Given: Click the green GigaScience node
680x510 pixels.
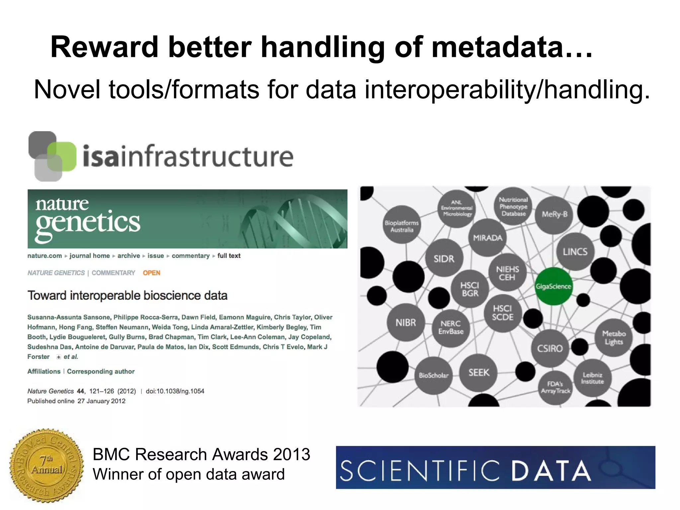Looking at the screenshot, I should click(x=553, y=286).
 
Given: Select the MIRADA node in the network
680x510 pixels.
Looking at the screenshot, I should click(x=487, y=238).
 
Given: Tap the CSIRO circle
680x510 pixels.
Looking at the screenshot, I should click(x=550, y=348).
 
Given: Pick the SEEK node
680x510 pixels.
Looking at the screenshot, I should click(x=479, y=373).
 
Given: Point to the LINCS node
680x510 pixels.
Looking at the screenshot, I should click(x=575, y=252).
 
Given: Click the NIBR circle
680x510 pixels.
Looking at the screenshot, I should click(x=406, y=322).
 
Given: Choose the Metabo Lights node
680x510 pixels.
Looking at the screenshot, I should click(x=614, y=338).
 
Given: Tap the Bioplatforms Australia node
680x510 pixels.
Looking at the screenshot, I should click(x=402, y=226).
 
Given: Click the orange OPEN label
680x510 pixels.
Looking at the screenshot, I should click(x=151, y=273).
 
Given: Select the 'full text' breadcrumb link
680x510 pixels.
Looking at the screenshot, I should click(x=229, y=256).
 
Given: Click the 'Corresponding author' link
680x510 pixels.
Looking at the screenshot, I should click(x=101, y=371).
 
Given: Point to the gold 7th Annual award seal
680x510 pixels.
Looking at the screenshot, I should click(x=46, y=466).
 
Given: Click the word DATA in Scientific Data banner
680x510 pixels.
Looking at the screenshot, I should click(x=551, y=471).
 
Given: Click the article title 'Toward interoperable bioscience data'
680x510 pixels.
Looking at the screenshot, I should click(x=127, y=295).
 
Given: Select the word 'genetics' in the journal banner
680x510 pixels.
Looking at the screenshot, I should click(x=88, y=222).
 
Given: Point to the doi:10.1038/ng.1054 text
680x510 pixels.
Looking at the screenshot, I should click(x=175, y=391).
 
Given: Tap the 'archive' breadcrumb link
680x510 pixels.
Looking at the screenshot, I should click(x=128, y=256).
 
